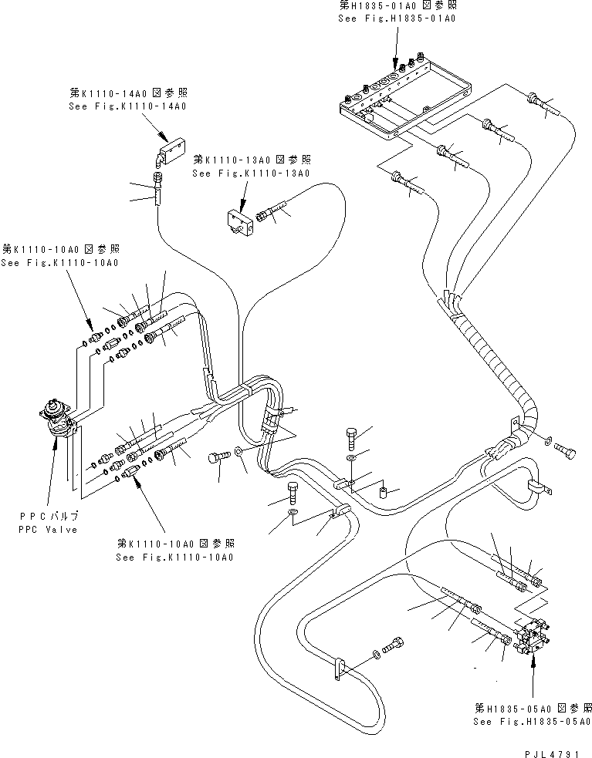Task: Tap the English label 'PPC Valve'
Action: (x=47, y=530)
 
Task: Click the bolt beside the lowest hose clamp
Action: (x=394, y=644)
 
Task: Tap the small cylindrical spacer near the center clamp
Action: (x=383, y=490)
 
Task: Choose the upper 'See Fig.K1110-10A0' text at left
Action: (x=59, y=263)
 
